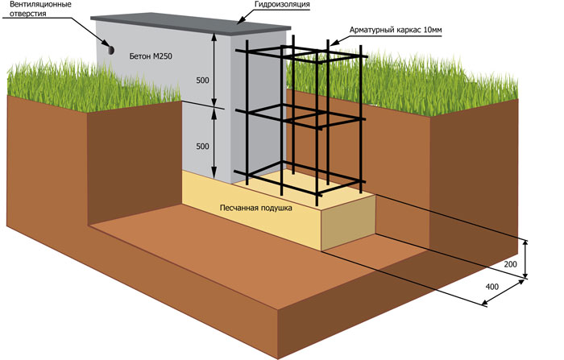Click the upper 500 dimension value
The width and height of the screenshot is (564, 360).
click(202, 81)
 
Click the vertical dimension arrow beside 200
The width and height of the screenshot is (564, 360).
click(525, 259)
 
